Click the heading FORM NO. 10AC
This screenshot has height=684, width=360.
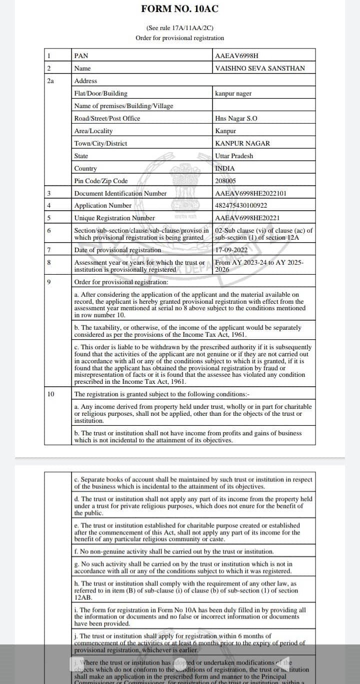(179, 9)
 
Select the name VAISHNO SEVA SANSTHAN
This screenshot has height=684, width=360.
(259, 68)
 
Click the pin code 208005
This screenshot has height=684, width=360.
(225, 181)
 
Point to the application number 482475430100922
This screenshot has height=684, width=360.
(241, 206)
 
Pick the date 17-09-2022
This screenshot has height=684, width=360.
(231, 250)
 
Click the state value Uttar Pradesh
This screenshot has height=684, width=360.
(234, 156)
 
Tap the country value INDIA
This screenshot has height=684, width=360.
(224, 168)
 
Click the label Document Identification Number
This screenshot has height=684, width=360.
(120, 193)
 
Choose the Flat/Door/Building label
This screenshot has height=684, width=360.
(100, 93)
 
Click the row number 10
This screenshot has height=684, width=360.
(50, 394)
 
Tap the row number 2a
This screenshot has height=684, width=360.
(50, 81)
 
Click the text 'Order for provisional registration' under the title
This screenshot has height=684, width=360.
(179, 38)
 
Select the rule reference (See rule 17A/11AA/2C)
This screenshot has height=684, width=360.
(179, 28)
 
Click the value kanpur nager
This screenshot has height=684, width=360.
(233, 93)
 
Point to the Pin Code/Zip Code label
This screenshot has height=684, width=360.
(101, 181)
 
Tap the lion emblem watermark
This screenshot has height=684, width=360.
(180, 193)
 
